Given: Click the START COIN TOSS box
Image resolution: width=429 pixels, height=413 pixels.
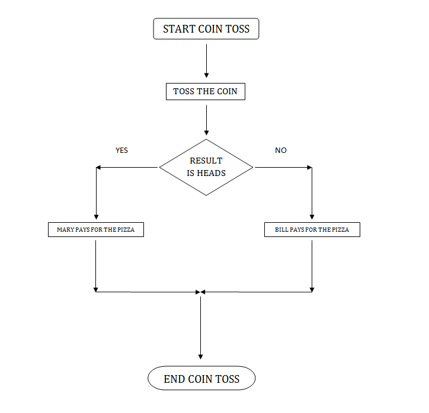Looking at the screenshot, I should click(206, 28).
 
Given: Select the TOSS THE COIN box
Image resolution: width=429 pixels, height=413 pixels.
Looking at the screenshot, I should click(205, 92).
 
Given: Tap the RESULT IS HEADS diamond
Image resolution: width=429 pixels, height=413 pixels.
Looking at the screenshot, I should click(206, 168).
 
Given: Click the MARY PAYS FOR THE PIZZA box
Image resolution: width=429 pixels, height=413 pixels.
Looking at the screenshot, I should click(95, 229).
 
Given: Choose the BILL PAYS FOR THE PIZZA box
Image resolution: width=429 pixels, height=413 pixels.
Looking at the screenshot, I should click(312, 229).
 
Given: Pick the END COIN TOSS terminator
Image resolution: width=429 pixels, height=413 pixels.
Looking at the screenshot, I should click(201, 379).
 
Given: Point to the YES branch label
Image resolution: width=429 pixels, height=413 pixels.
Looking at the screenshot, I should click(121, 151).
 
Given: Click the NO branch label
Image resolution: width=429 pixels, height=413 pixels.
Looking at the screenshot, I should click(281, 151).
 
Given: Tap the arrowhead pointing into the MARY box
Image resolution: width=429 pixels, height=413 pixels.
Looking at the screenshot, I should click(95, 217).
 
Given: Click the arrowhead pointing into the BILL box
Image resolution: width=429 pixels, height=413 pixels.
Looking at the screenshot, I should click(312, 217).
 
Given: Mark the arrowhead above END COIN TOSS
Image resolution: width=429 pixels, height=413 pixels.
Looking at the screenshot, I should click(201, 356).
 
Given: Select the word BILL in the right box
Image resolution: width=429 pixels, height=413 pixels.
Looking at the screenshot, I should click(281, 229).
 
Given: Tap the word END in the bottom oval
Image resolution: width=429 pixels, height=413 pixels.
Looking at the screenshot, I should click(175, 379).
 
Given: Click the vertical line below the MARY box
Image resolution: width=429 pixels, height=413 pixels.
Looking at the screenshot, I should click(95, 264).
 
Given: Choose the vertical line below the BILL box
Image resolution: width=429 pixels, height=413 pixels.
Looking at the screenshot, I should click(312, 264).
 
